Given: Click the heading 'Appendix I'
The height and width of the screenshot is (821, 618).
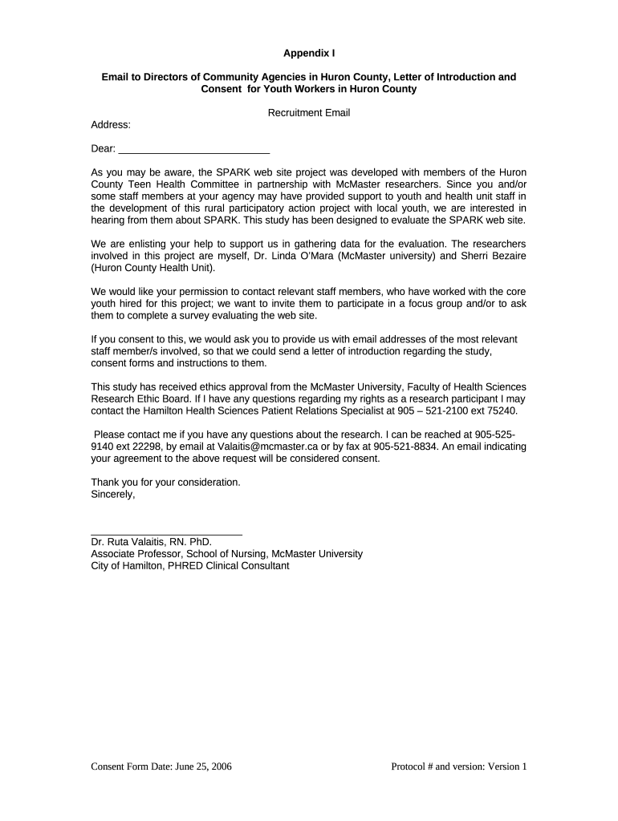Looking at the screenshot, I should click(x=309, y=54).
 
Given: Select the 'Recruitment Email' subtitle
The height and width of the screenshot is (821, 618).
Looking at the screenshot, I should click(x=309, y=113).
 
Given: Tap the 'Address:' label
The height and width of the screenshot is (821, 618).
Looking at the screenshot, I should click(x=111, y=125).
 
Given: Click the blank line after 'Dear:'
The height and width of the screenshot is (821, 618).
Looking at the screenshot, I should click(x=193, y=149).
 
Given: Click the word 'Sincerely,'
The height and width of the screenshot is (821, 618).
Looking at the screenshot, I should click(x=113, y=495).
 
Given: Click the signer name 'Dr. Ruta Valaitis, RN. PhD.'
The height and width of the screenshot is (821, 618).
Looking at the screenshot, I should click(x=151, y=542).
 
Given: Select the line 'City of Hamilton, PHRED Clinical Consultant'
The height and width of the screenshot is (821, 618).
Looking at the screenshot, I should click(x=190, y=565).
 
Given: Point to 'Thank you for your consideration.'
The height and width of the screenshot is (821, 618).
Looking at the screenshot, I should click(x=165, y=483).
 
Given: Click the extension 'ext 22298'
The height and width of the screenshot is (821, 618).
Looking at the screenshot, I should click(x=136, y=447).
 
